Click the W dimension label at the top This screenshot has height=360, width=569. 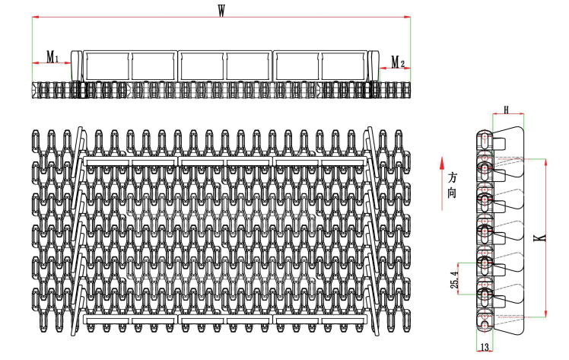(221, 11)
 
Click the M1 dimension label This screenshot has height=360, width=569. (52, 56)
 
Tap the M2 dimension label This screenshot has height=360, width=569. (398, 62)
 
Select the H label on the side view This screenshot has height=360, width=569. (507, 110)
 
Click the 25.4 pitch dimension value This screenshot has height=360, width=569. (455, 279)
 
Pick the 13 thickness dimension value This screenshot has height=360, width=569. (485, 347)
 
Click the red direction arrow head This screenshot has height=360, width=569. (442, 164)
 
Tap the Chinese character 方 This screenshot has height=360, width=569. (452, 178)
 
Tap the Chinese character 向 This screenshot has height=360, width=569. (452, 193)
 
